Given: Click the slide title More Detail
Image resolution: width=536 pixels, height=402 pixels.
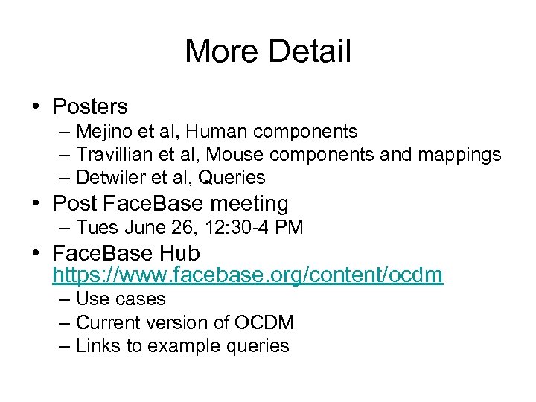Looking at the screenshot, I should (x=267, y=51).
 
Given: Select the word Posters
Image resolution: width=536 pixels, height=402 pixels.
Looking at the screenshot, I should (x=90, y=107).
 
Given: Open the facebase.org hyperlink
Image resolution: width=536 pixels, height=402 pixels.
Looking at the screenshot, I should (x=247, y=275).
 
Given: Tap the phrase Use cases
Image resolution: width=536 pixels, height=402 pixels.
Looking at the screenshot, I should (x=121, y=299).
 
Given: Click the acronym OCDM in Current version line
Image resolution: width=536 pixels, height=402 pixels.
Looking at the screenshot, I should (x=264, y=323).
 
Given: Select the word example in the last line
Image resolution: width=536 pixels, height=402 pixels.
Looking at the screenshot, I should (x=182, y=346).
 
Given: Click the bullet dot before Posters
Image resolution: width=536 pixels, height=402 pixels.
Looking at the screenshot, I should (x=36, y=108).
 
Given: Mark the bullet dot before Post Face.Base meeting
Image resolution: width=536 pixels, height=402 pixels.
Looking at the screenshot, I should (x=36, y=204).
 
